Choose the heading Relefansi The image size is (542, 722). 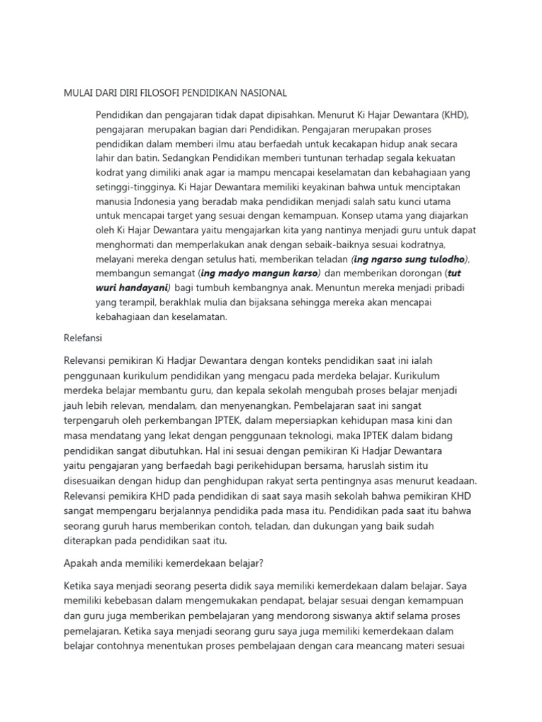click(83, 338)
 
